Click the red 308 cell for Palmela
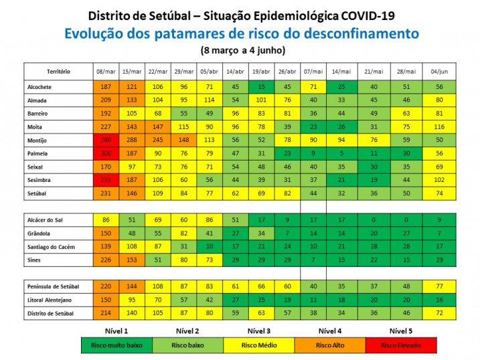(x=106, y=152)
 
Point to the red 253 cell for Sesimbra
(x=106, y=181)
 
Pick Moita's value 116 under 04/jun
(x=439, y=126)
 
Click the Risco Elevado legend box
(x=400, y=345)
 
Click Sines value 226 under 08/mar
(x=106, y=259)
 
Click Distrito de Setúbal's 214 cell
(x=106, y=312)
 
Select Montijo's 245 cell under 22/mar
(x=157, y=140)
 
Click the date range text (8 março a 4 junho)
(x=242, y=50)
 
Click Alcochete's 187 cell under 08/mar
(x=106, y=87)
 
